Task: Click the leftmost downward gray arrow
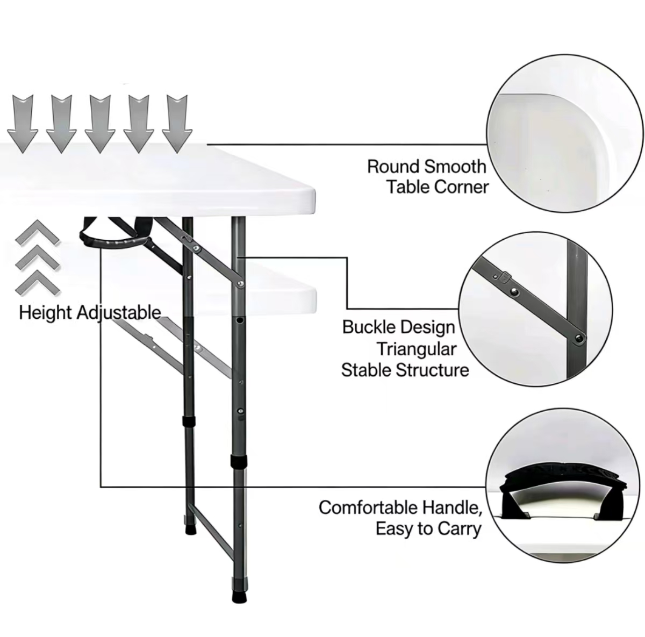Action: click(23, 124)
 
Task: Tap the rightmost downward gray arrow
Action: click(177, 124)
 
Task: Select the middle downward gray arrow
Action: click(100, 124)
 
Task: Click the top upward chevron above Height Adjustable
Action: click(38, 233)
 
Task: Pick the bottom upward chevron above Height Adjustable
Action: click(38, 283)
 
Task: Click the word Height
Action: click(46, 313)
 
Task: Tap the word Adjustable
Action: click(119, 313)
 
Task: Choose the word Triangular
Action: click(417, 349)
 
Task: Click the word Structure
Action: click(432, 370)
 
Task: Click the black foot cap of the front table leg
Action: click(239, 597)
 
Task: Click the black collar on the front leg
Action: click(239, 461)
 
